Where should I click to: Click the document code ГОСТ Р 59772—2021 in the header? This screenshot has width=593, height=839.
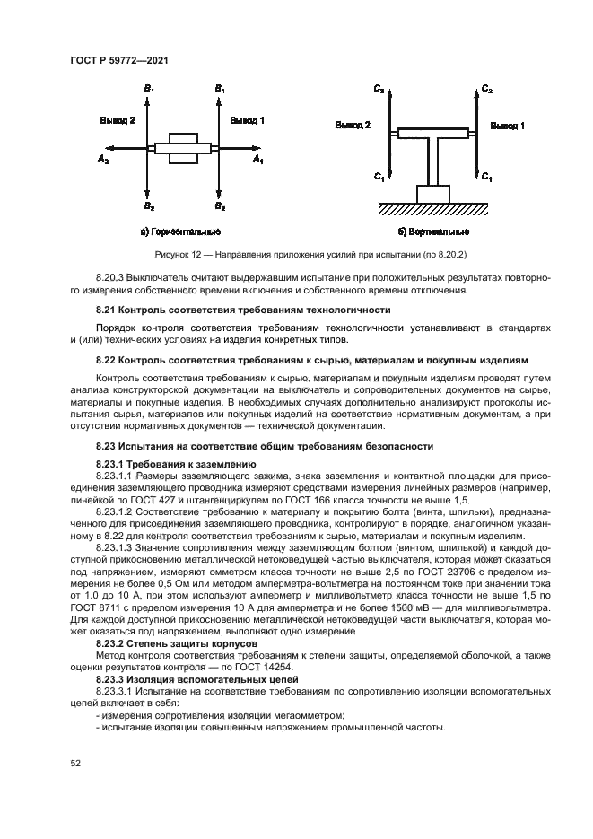(119, 59)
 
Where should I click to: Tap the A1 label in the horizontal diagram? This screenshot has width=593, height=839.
(257, 159)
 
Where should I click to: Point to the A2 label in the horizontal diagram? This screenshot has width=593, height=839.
(103, 159)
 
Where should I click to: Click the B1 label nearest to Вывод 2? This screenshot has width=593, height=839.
(149, 90)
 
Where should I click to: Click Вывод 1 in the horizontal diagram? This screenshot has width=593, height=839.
(247, 119)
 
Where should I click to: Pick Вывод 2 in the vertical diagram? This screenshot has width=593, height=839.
(353, 127)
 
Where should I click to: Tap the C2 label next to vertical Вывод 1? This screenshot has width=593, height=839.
(486, 90)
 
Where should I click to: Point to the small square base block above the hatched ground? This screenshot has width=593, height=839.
(432, 194)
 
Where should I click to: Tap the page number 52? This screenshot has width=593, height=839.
(76, 763)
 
